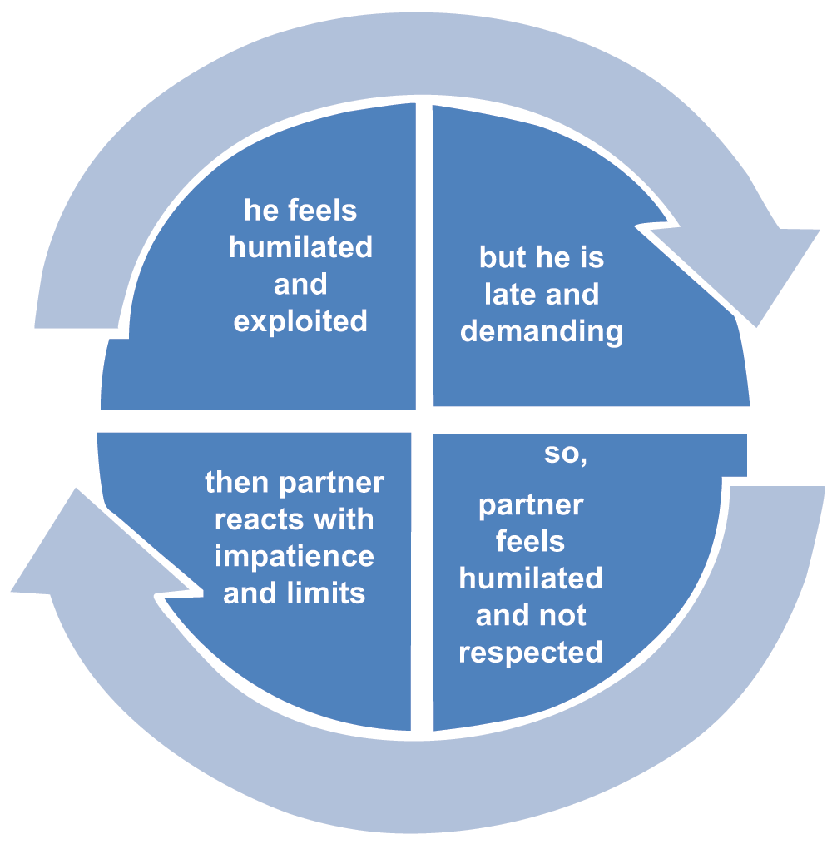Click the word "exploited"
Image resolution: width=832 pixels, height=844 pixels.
pyautogui.click(x=300, y=321)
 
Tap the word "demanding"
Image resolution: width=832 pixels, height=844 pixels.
pyautogui.click(x=542, y=331)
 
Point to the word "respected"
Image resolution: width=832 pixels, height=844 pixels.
pyautogui.click(x=531, y=652)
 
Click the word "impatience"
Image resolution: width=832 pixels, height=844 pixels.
pyautogui.click(x=295, y=556)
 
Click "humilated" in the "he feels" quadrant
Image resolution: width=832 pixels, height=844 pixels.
pyautogui.click(x=300, y=247)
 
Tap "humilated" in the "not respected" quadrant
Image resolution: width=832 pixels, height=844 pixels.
pyautogui.click(x=531, y=578)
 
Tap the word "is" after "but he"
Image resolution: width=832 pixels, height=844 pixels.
pyautogui.click(x=592, y=257)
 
